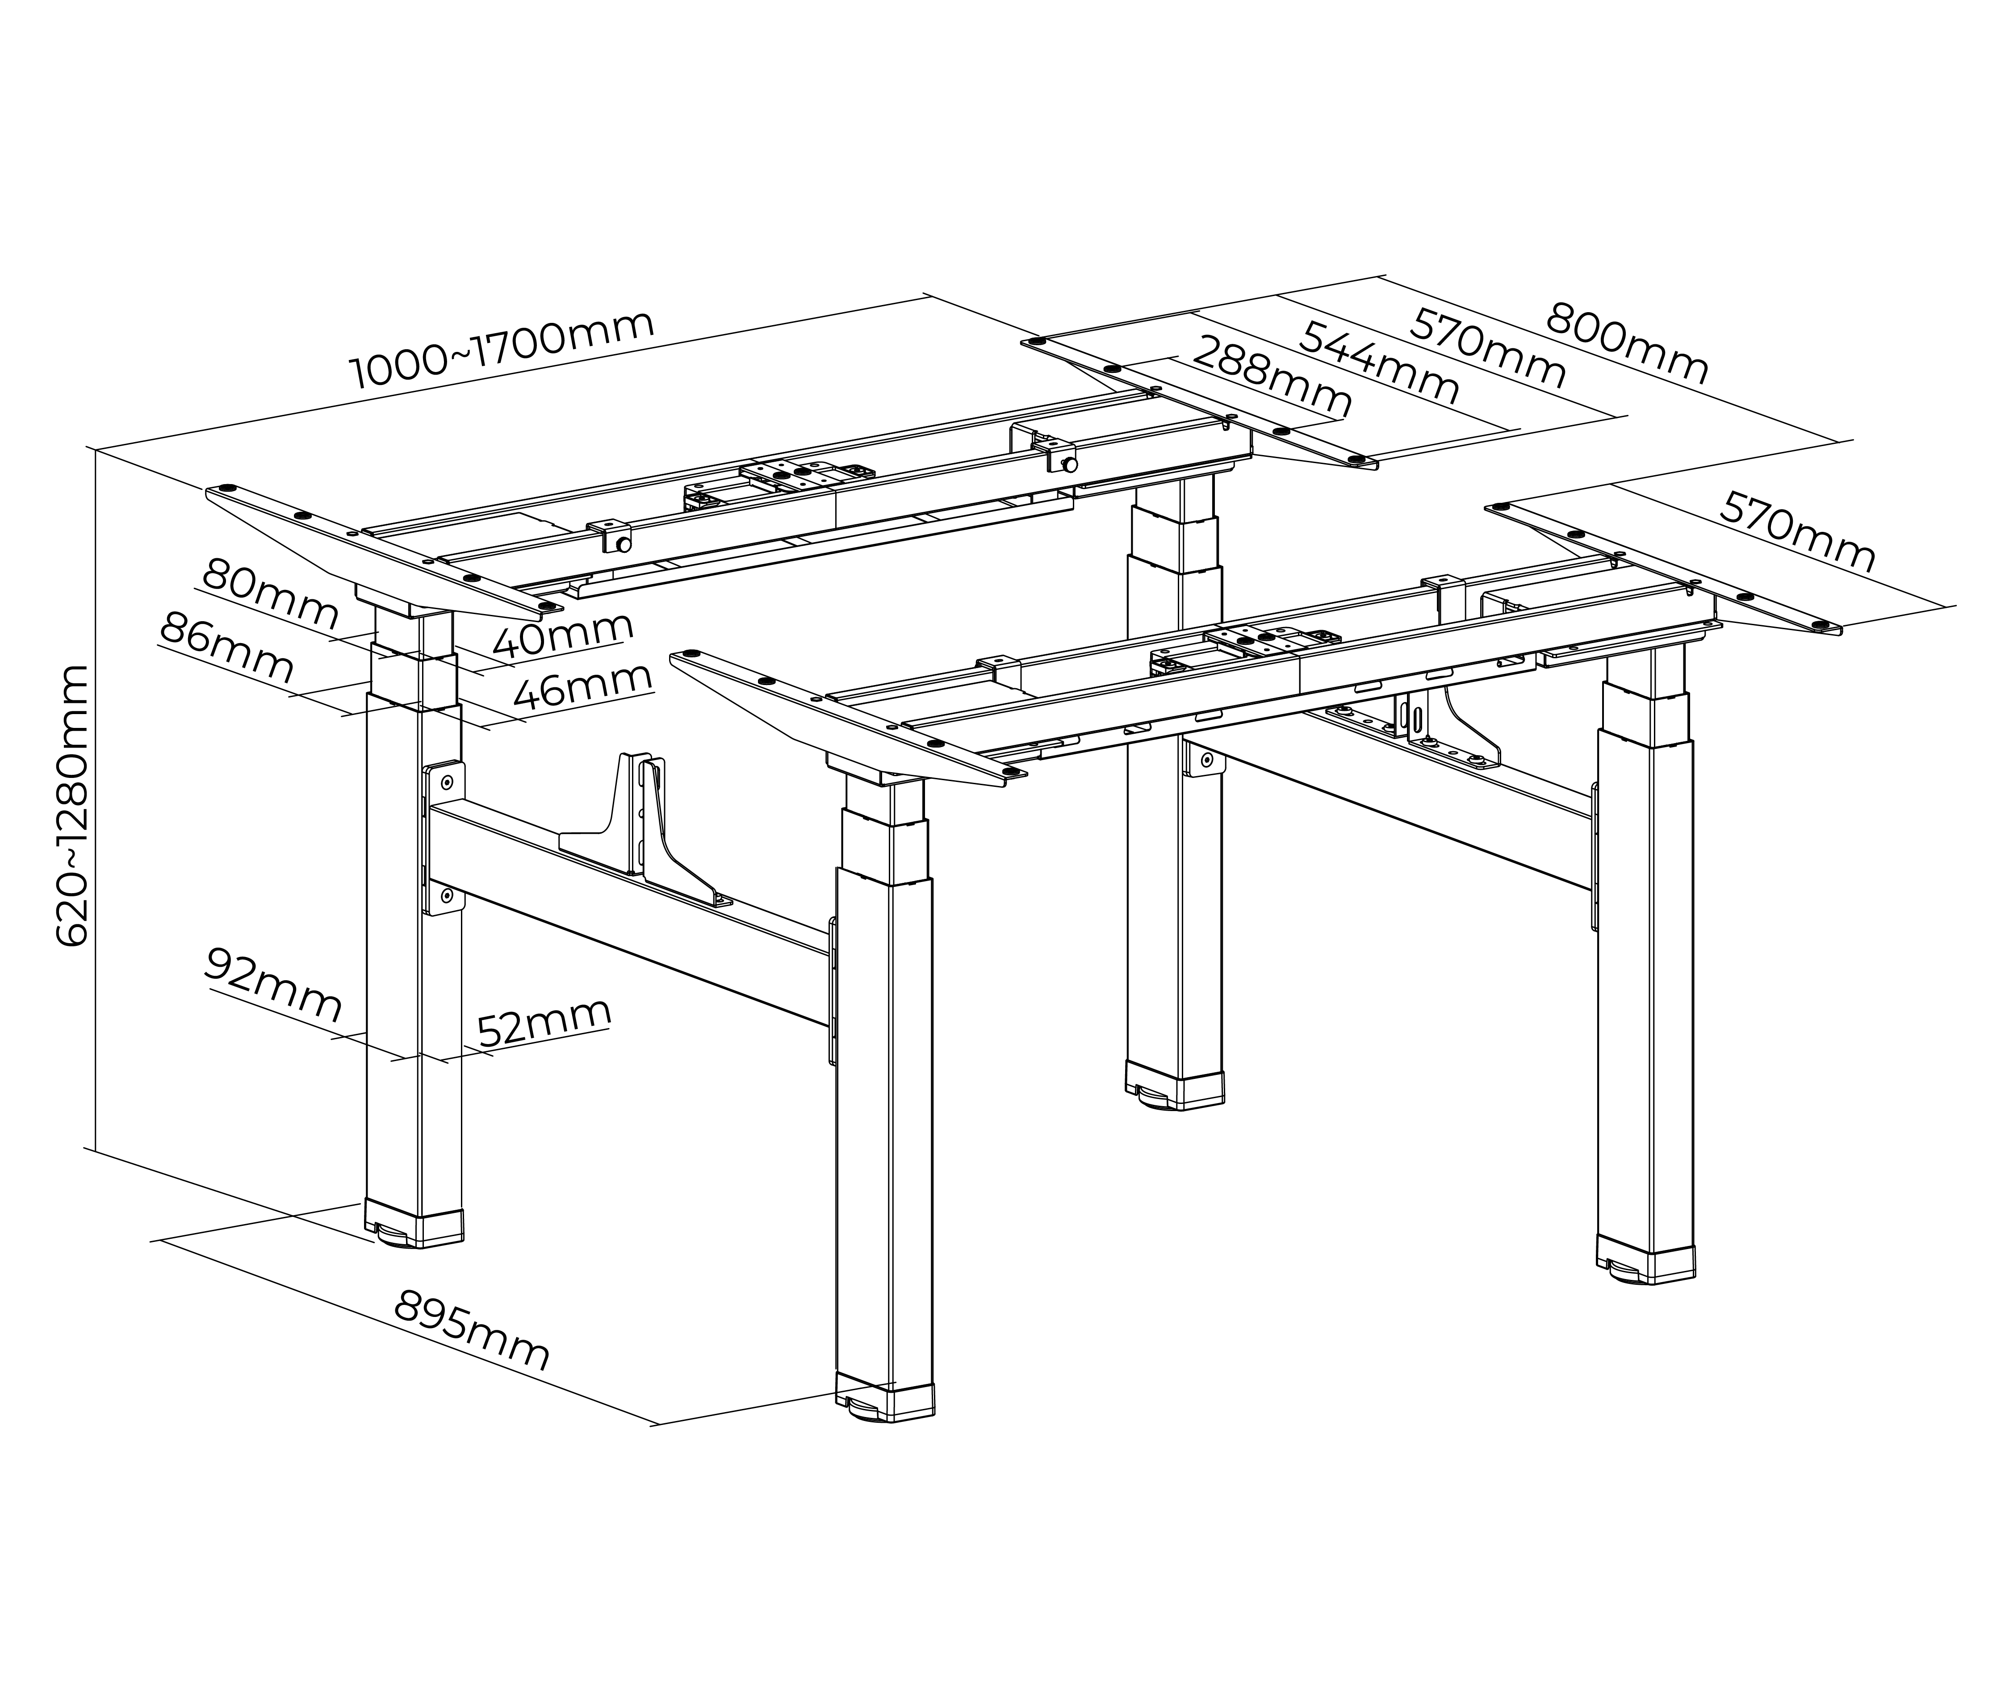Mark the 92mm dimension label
point(273,986)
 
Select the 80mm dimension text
point(270,595)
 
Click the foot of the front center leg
point(884,1401)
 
